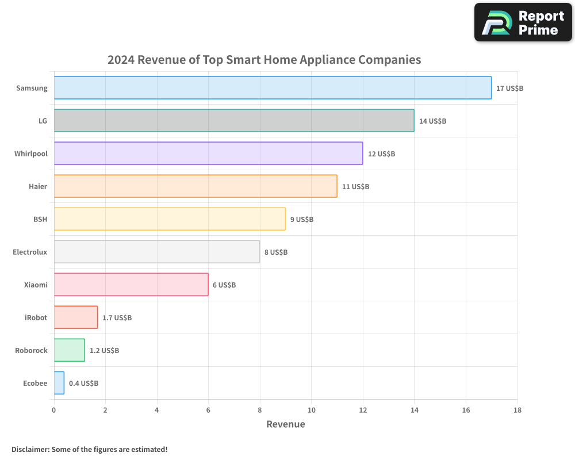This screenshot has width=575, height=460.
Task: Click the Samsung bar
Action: point(273,88)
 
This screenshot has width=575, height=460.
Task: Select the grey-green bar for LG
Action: point(234,121)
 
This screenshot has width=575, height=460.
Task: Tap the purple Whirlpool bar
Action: point(208,154)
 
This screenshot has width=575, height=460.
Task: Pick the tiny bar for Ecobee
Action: point(59,383)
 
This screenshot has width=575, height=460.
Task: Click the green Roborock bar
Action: point(70,350)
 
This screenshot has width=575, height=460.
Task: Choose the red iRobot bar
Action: point(76,317)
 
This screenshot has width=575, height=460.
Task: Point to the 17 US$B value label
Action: point(509,89)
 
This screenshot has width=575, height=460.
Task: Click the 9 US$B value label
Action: point(302,220)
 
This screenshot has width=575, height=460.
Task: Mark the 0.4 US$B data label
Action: point(83,383)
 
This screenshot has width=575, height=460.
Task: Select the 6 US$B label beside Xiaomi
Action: point(224,285)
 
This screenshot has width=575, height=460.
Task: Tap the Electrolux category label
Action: point(30,252)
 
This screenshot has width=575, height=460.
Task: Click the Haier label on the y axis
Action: point(38,186)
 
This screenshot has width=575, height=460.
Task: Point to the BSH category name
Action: point(40,219)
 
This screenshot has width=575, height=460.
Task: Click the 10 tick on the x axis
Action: point(311,410)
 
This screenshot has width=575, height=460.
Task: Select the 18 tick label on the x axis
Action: point(517,410)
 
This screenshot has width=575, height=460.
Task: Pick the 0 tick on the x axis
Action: point(54,410)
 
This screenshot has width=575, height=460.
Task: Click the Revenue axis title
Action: point(285,424)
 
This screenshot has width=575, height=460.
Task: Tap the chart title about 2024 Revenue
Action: point(264,60)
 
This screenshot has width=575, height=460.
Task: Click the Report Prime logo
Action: point(523,22)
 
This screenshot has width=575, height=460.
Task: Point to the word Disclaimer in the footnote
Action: point(30,449)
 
